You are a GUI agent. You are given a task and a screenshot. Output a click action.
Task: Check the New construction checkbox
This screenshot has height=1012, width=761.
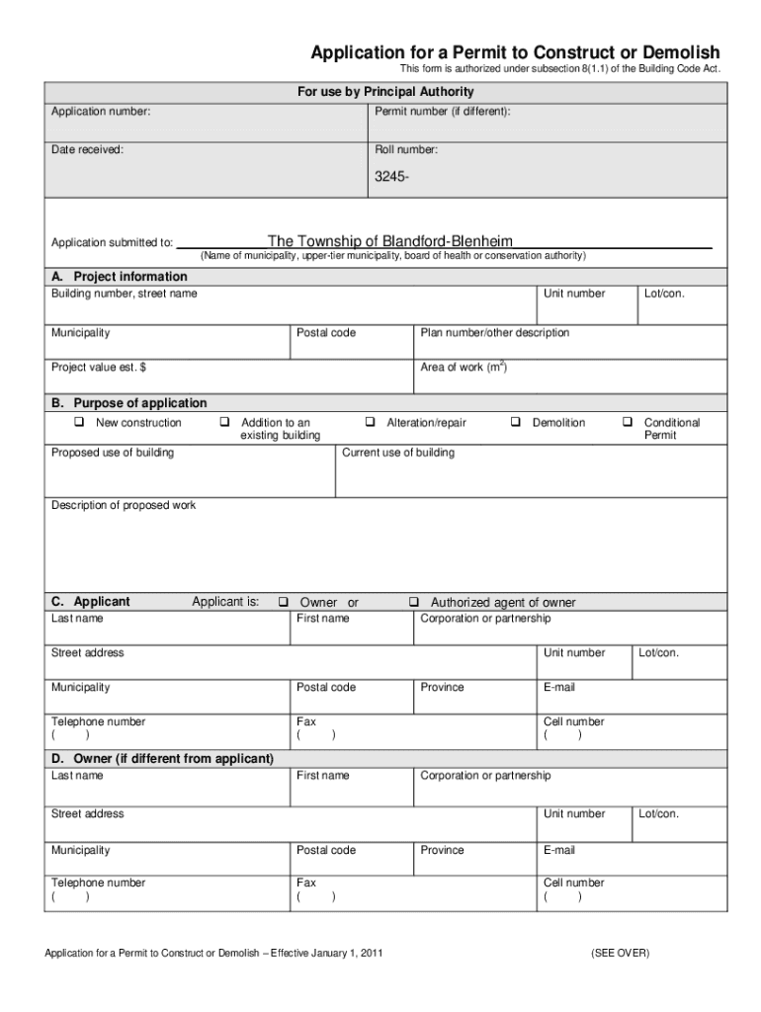(x=77, y=423)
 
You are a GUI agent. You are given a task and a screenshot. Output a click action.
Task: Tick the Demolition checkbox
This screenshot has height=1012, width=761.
(x=515, y=423)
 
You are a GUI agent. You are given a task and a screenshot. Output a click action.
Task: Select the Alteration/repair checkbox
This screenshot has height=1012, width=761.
(x=370, y=423)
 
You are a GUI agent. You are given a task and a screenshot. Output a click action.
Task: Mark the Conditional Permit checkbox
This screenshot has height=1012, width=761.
(x=627, y=423)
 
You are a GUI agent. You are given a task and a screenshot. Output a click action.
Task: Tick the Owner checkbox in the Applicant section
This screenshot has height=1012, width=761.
(x=283, y=602)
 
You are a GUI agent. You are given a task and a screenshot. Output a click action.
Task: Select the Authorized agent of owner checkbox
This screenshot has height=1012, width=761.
(x=414, y=602)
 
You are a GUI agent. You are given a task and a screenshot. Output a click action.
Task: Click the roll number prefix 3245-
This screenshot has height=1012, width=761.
(x=391, y=178)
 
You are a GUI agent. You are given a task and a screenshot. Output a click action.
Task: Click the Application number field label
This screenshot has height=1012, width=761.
(x=101, y=112)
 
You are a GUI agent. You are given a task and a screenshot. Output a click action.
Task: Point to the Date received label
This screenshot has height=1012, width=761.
(x=87, y=150)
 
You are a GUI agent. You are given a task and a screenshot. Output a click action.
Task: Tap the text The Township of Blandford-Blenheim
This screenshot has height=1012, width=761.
(x=389, y=241)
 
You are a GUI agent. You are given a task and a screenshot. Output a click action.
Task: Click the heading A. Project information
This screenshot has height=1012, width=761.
(x=119, y=277)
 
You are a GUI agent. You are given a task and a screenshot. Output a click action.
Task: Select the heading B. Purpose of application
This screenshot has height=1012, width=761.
(x=129, y=403)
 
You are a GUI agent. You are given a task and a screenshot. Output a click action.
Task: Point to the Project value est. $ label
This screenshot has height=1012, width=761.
(x=99, y=368)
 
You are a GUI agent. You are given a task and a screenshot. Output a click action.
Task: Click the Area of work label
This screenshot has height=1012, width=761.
(x=464, y=368)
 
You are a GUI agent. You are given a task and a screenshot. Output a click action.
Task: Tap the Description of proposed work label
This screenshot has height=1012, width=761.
(x=124, y=505)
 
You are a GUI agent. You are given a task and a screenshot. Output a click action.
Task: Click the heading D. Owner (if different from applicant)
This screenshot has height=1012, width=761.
(x=162, y=758)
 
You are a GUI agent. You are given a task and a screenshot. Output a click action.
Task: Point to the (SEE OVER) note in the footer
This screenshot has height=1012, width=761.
(x=620, y=953)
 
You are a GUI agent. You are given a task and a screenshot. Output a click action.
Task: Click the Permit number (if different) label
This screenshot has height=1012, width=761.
(x=443, y=112)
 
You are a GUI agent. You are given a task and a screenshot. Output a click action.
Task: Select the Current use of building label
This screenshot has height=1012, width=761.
(x=398, y=453)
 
